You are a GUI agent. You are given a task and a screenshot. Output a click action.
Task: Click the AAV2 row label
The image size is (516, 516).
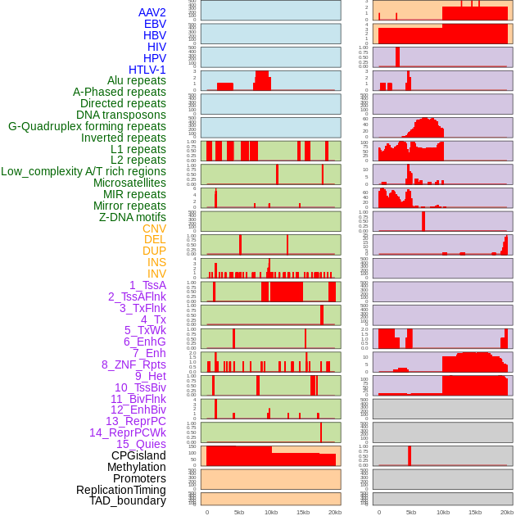pos(152,12)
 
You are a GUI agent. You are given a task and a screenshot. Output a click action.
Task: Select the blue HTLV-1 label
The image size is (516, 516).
pos(147,70)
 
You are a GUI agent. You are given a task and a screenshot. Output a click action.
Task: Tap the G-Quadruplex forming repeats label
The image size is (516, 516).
pos(87,126)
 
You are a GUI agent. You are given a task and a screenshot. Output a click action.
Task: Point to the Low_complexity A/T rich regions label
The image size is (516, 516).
pos(84,171)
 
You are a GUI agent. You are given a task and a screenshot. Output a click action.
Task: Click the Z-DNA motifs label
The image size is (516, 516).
pos(133,217)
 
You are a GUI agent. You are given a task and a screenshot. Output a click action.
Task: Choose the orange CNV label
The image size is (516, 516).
pos(154,229)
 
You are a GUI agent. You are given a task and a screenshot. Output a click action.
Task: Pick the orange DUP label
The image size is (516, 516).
pos(154,251)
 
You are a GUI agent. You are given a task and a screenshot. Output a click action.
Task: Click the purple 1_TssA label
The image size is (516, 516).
pos(147,285)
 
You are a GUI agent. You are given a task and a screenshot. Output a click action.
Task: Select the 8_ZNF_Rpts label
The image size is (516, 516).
pos(134,364)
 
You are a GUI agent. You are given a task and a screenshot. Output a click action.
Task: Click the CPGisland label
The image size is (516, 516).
pos(138,455)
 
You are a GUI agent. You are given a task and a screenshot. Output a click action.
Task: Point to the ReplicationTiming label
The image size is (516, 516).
pos(121,490)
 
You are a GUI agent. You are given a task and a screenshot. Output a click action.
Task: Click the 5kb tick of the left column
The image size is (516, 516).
pos(239,512)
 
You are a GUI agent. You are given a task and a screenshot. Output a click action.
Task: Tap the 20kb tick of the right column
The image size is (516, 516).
pos(507,512)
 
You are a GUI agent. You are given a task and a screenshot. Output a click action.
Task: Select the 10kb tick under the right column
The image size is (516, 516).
pos(443,512)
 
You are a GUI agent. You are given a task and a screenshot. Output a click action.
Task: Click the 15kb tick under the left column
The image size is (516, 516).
pos(303,512)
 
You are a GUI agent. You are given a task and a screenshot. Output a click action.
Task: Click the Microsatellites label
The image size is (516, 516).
pos(129,183)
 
